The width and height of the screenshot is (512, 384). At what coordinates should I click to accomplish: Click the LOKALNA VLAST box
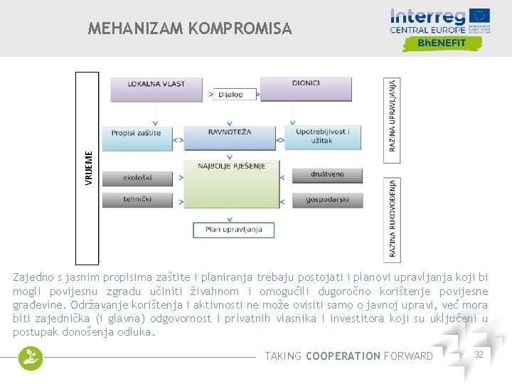point(156,87)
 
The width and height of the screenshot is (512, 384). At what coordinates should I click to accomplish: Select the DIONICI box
point(306,87)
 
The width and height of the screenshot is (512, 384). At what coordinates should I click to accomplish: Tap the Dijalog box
point(231,94)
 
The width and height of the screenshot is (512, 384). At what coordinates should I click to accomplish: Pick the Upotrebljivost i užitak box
point(322,136)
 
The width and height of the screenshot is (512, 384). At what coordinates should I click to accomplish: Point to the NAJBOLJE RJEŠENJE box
point(231,183)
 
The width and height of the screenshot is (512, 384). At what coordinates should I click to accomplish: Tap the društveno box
point(327,175)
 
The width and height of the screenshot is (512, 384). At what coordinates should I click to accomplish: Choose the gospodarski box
point(327,200)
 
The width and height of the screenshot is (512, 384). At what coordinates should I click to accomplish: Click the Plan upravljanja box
point(234,230)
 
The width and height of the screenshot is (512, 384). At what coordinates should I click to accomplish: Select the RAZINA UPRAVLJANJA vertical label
point(392,118)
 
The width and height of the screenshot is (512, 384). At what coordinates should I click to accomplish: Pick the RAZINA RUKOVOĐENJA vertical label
point(393,220)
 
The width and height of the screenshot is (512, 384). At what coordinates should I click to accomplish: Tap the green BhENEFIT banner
point(442,43)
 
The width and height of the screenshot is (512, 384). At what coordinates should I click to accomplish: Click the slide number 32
point(479,354)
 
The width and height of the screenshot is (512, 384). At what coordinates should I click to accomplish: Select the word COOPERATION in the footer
point(343,356)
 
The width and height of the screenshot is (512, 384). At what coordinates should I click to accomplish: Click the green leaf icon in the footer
point(31,358)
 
